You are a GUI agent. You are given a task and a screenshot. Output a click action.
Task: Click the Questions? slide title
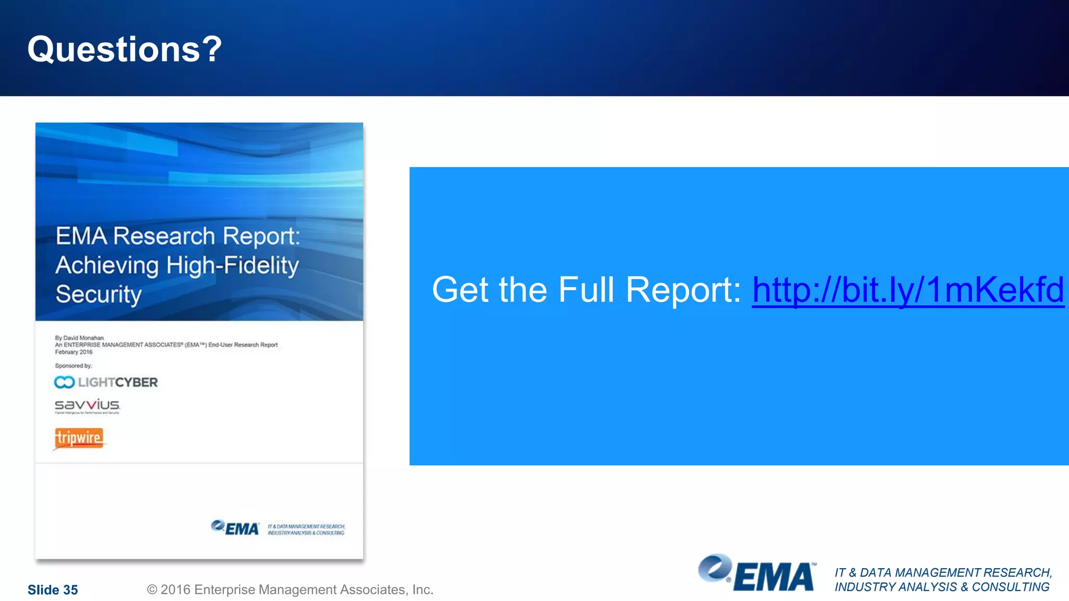(125, 50)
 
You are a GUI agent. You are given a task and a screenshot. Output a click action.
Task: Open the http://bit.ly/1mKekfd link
(908, 290)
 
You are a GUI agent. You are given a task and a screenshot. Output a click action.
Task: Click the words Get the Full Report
(586, 290)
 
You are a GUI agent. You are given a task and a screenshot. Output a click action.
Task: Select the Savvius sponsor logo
(87, 405)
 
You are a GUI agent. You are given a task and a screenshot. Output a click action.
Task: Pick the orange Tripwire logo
(79, 438)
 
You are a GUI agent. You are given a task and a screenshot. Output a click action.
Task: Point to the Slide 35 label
(53, 590)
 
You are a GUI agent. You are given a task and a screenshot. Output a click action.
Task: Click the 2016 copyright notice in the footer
(290, 590)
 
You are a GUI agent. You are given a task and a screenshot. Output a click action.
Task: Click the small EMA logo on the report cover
(235, 528)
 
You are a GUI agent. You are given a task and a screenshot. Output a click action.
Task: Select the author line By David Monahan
(79, 338)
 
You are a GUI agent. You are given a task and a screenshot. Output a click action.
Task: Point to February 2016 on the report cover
(74, 352)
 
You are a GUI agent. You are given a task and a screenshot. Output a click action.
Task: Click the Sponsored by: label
(74, 366)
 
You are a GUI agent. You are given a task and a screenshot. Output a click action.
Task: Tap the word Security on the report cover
(99, 294)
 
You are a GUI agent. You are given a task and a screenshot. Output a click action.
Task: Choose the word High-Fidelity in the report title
(233, 266)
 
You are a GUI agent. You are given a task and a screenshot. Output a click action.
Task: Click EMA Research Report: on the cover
(178, 236)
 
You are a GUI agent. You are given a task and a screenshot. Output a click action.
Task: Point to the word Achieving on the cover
(107, 266)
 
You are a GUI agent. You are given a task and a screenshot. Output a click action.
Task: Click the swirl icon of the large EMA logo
(715, 568)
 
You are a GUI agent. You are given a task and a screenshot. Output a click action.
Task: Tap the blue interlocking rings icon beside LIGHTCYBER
(64, 382)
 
